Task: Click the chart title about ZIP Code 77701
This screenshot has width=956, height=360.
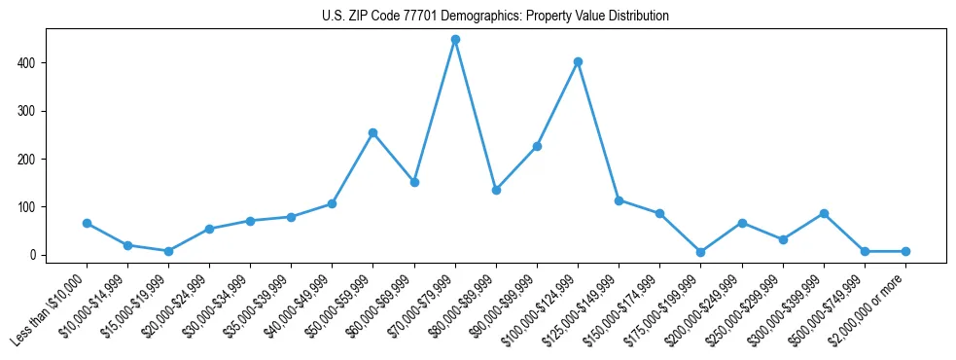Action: click(x=495, y=17)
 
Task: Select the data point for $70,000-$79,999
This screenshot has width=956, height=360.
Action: click(x=455, y=40)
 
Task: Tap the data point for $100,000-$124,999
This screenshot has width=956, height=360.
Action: click(x=578, y=62)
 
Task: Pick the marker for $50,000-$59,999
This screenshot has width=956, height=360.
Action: click(x=373, y=133)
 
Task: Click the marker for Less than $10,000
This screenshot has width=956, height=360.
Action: click(x=87, y=224)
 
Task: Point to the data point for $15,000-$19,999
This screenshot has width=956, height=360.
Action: click(x=168, y=252)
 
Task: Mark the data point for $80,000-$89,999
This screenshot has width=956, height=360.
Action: click(x=496, y=191)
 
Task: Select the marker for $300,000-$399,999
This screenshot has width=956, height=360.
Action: click(x=824, y=213)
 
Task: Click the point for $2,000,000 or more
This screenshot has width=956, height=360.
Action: click(x=905, y=252)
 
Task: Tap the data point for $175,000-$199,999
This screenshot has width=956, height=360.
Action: click(x=701, y=252)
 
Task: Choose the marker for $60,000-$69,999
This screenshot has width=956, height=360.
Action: click(x=414, y=183)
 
